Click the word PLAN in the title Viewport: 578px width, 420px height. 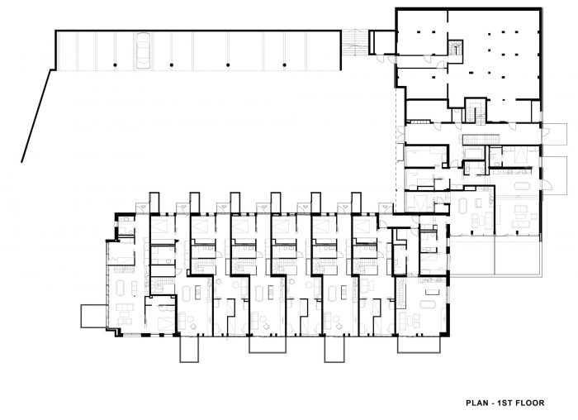pos(476,403)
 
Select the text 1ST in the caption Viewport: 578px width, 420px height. pos(505,403)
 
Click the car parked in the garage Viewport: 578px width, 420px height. pos(143,50)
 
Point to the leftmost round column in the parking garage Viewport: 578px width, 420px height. pos(115,65)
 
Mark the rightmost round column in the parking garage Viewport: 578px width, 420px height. pos(285,65)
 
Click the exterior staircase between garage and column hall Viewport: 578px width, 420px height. pos(354,43)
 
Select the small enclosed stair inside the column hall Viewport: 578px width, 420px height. pos(456,48)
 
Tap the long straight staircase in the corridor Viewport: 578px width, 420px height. pos(481,140)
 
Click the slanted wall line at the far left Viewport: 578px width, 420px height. pos(36,116)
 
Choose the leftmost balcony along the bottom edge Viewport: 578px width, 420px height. pos(189,349)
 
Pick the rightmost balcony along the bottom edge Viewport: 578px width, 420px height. pos(419,344)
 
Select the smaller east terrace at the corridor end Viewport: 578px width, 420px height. pos(554,134)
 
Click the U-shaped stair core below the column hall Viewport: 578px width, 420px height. pos(475,110)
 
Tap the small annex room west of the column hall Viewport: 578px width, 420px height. pos(381,42)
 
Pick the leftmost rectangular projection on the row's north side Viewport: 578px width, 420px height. pos(154,203)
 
